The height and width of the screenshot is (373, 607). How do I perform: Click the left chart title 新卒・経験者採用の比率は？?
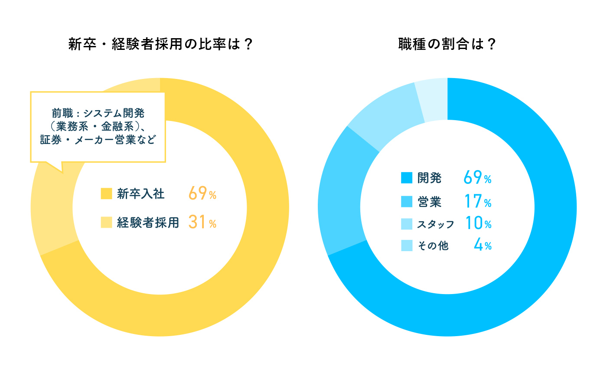160,45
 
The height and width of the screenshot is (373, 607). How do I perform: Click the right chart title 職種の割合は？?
447,45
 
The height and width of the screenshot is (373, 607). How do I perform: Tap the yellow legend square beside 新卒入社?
106,193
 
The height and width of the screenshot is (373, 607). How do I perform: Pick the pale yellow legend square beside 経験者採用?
106,222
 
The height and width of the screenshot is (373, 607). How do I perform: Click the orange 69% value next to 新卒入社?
202,193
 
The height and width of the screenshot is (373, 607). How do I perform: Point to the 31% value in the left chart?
202,222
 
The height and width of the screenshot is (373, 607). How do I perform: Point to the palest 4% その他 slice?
432,100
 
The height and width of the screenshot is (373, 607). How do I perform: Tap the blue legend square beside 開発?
407,178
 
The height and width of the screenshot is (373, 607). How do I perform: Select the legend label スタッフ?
435,224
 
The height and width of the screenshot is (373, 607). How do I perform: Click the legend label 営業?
429,201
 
